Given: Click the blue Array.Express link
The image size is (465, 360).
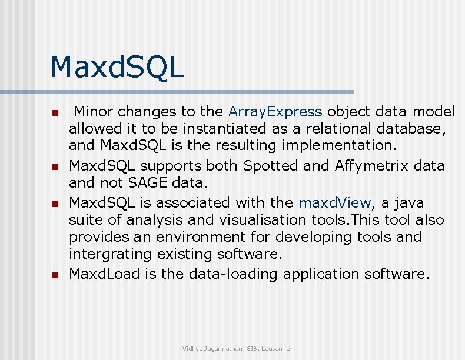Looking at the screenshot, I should [x=275, y=112].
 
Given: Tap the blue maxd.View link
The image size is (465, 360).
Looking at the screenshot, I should [x=336, y=203].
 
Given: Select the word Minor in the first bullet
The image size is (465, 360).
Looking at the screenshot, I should [x=94, y=112].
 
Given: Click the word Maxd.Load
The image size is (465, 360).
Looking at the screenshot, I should [x=104, y=274].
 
